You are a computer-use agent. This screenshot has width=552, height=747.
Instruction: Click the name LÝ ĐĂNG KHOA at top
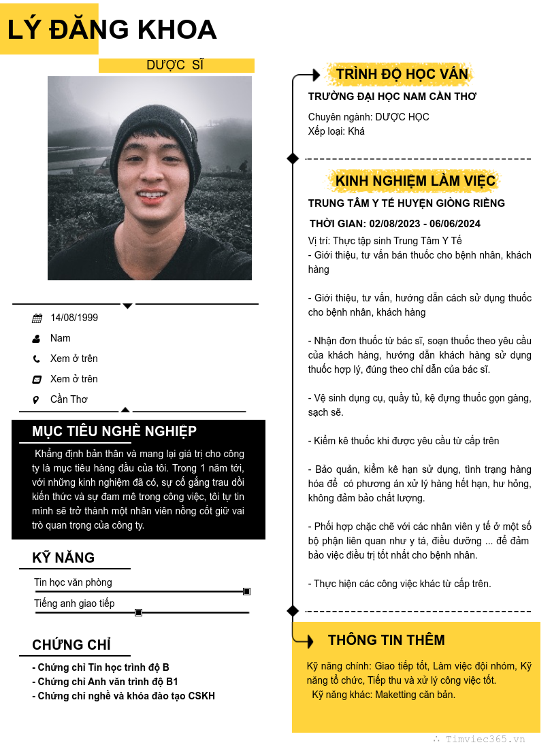pos(112,30)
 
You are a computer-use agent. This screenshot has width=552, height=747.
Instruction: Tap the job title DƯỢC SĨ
pos(175,65)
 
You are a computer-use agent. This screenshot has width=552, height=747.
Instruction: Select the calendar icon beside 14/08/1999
pos(37,318)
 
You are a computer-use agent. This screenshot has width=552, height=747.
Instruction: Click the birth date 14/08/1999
pos(74,318)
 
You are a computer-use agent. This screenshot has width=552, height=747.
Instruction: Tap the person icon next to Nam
pos(37,338)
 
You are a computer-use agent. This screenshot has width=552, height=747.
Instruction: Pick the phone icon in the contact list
pos(37,359)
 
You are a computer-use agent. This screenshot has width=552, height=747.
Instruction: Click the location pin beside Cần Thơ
pos(37,399)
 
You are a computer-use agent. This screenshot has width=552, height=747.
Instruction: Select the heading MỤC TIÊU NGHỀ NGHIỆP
pos(114,431)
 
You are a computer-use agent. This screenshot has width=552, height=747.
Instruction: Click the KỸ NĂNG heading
pos(63,558)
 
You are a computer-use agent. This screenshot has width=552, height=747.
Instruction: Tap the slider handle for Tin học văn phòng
pos(246,591)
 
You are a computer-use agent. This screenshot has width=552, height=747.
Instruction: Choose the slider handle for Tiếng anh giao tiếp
pos(138,612)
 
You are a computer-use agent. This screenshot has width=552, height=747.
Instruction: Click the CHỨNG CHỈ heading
pos(71,645)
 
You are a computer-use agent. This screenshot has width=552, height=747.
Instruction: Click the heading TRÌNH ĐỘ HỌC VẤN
pos(402,74)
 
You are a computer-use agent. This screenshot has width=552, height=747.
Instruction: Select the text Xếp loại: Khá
pos(336,131)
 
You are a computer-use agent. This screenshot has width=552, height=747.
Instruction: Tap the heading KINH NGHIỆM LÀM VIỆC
pos(416,181)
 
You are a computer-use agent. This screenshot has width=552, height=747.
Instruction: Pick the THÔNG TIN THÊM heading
pos(386,640)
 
